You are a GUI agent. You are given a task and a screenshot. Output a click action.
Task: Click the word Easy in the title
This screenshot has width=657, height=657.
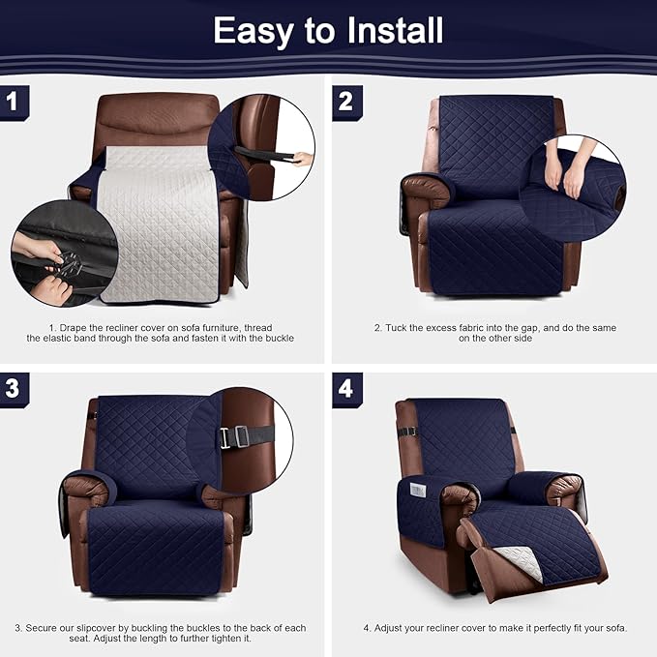(252, 30)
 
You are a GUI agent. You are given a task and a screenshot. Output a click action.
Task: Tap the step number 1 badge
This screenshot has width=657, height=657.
(13, 101)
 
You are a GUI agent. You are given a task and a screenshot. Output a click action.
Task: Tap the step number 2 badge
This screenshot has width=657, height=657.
(345, 101)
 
